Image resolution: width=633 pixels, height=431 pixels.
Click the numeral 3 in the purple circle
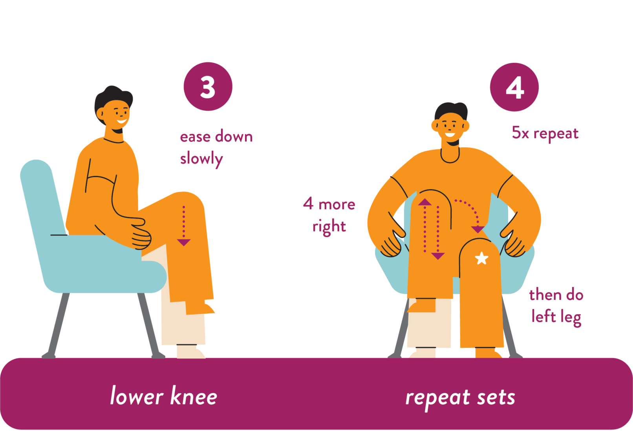click(x=208, y=87)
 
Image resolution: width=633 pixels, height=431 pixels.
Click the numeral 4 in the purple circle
click(x=515, y=88)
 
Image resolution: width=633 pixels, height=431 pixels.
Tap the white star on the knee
click(x=481, y=258)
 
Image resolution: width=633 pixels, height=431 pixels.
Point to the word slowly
click(x=201, y=159)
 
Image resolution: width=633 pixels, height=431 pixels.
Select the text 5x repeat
click(x=545, y=133)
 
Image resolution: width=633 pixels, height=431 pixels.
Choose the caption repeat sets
click(x=460, y=398)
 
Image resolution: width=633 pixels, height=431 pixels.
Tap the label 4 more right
click(x=329, y=215)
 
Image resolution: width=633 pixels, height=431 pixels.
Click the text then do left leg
click(x=556, y=306)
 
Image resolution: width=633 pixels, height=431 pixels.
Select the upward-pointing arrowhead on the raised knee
click(x=425, y=202)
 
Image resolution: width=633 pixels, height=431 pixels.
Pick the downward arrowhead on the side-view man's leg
click(x=184, y=242)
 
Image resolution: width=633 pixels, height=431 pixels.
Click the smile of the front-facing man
click(x=450, y=134)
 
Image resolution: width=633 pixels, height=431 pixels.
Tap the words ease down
click(x=216, y=137)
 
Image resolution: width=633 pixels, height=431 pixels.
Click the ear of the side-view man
click(x=100, y=113)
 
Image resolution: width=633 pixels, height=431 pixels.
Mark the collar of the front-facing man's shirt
click(x=450, y=156)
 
